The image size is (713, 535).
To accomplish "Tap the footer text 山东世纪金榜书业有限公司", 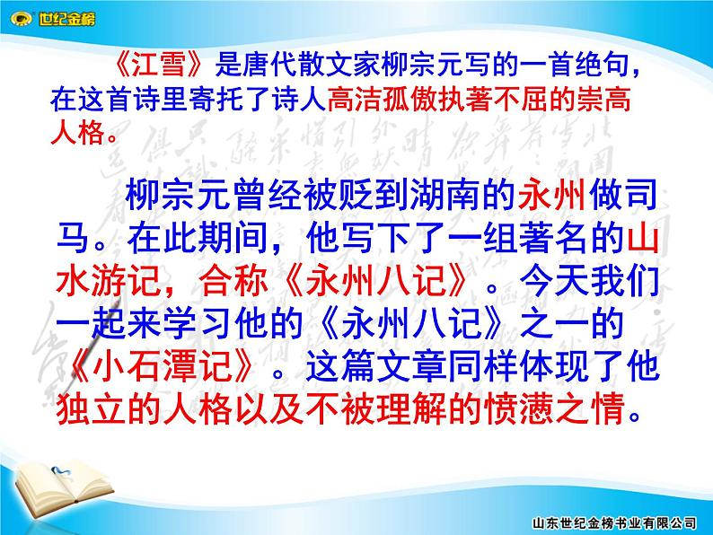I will coord(614,523).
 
